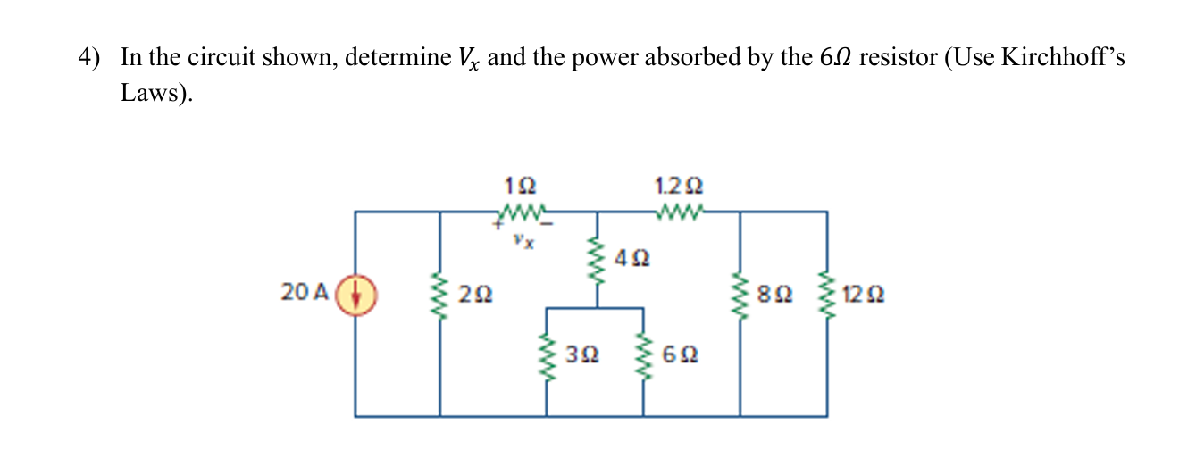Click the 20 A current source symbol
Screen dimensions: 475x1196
pos(355,292)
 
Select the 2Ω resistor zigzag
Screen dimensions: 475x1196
pos(439,292)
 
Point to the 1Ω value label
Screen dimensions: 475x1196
pos(521,187)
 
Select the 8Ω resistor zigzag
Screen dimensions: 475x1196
pos(740,292)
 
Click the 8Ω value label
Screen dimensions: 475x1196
pos(773,292)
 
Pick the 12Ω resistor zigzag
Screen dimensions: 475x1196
pos(825,292)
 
